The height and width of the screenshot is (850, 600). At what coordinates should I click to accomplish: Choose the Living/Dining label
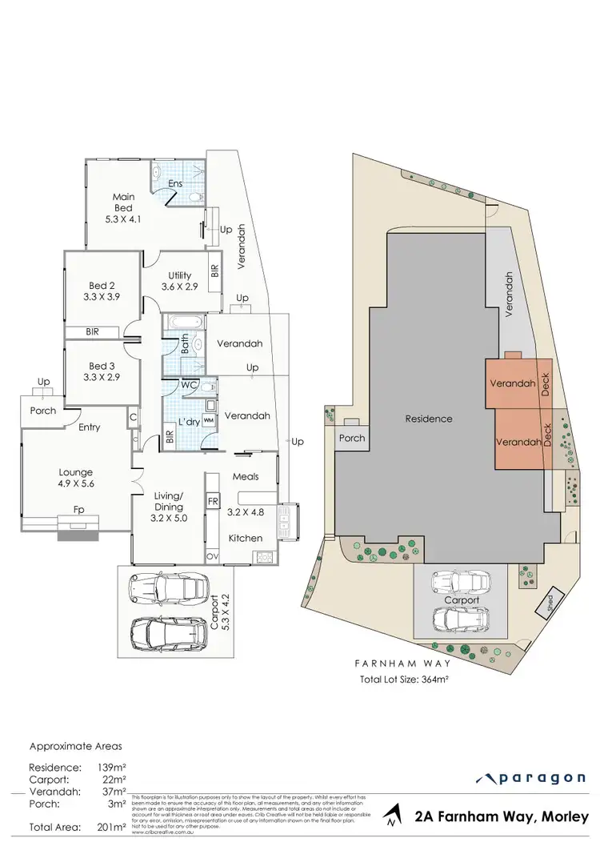click(169, 500)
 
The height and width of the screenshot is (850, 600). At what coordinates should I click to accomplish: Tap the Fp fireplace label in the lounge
click(78, 508)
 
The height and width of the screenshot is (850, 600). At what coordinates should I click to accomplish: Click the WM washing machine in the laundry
click(208, 419)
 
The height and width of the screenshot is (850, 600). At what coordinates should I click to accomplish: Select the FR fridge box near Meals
click(213, 502)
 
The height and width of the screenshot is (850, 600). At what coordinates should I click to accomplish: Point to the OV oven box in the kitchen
click(213, 555)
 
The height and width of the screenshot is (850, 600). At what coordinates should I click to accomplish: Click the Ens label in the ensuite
click(175, 183)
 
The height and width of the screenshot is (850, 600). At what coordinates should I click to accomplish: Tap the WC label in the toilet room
click(188, 385)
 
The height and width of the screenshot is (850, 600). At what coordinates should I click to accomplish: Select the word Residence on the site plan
click(428, 419)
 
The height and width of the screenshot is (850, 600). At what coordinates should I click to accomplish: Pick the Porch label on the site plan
click(352, 438)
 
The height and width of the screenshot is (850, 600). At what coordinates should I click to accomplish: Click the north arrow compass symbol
click(389, 816)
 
